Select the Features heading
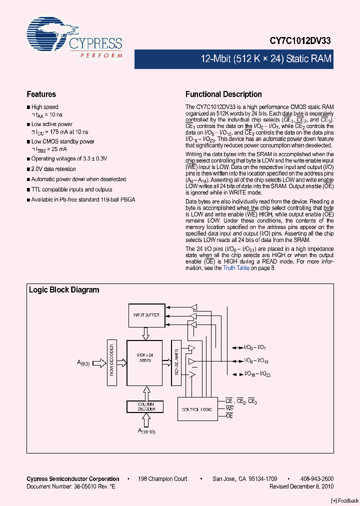pos(41,94)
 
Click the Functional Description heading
pos(223,94)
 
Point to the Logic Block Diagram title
pos(64,289)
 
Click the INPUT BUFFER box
pos(146,315)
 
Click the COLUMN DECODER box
pos(146,406)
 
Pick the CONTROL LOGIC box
pos(197,409)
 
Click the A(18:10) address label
pos(146,431)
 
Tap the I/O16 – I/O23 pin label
pos(257,374)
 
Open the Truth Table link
pos(236,268)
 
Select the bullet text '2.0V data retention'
pos(53,169)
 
